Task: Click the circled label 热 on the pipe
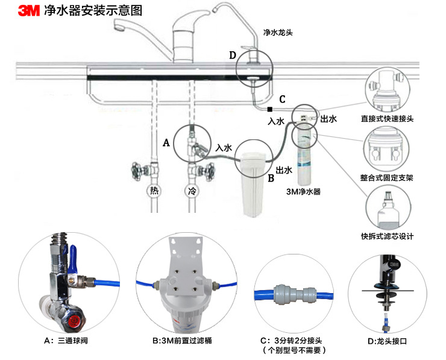(154, 191)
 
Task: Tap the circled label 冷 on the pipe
(192, 191)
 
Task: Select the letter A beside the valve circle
(167, 143)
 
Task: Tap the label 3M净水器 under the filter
(303, 192)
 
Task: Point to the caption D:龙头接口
(387, 341)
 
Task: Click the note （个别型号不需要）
(294, 350)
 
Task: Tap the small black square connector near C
(269, 109)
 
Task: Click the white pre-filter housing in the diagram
(253, 183)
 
